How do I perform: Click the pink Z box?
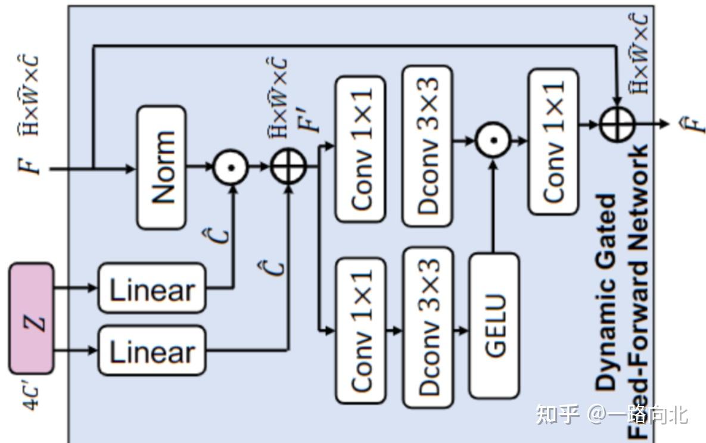click(31, 319)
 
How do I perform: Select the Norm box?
click(161, 167)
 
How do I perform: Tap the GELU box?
click(493, 325)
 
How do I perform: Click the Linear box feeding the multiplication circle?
click(152, 289)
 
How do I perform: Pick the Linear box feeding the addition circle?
click(152, 351)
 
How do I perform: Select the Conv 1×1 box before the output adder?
click(553, 141)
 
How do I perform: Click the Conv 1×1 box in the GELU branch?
click(360, 329)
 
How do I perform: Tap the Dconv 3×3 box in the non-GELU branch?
click(427, 146)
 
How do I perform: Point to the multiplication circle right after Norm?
click(231, 167)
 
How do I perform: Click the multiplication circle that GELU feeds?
click(493, 141)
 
